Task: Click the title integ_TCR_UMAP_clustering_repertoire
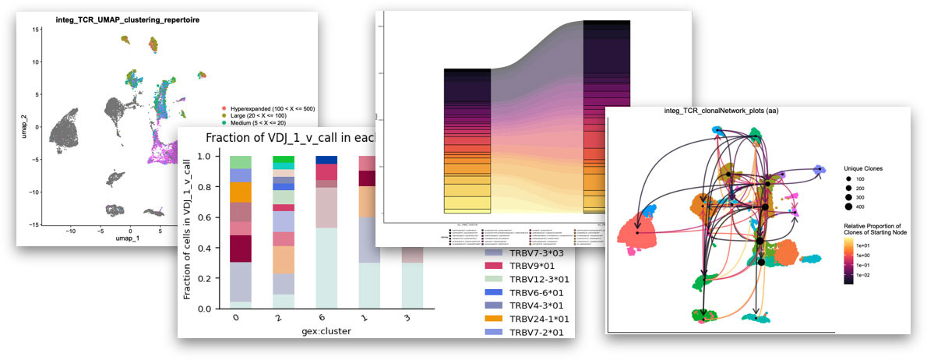(127, 19)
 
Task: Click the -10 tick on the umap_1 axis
(71, 231)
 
